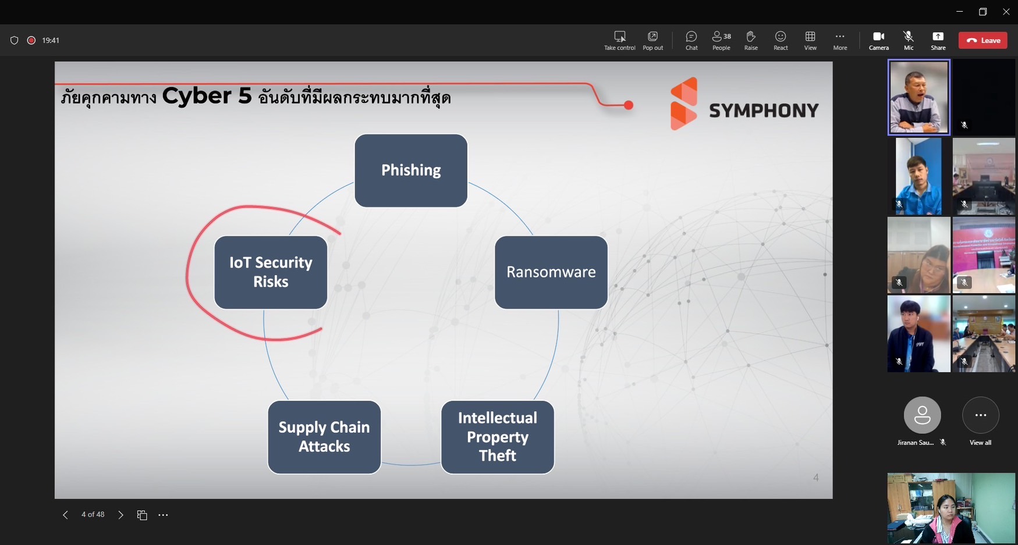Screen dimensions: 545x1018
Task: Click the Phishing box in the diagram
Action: coord(411,170)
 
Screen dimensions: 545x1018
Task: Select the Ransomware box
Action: coord(551,272)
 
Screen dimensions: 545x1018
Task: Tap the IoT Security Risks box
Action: coord(271,272)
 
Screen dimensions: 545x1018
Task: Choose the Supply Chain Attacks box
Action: coord(324,437)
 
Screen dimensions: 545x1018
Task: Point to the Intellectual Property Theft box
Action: coord(497,437)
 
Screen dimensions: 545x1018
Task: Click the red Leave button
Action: coord(982,40)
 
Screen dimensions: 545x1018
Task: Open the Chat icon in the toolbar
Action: coord(691,40)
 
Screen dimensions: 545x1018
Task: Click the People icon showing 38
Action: coord(721,40)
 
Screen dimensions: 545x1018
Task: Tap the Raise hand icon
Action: coord(751,40)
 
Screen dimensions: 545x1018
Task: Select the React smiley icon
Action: coord(781,40)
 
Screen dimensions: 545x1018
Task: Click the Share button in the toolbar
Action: coord(938,40)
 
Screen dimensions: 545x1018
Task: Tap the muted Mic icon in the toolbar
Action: coord(908,40)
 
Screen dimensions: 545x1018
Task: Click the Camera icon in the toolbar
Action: coord(878,40)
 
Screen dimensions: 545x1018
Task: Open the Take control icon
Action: coord(619,40)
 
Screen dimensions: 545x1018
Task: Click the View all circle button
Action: coord(980,415)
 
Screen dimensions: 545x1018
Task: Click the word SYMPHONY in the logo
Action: coord(763,111)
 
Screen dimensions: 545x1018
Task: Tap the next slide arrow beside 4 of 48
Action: coord(120,515)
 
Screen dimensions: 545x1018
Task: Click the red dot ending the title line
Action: coord(629,105)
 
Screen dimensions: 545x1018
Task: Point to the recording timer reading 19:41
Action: coord(51,40)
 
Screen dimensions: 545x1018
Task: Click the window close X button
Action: coord(1006,12)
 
